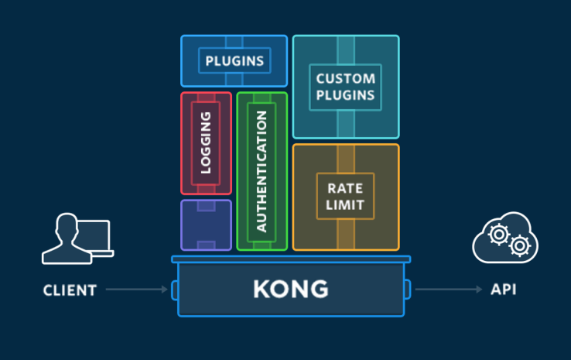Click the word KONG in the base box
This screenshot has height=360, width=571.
point(290,290)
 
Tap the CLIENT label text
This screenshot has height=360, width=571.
point(70,291)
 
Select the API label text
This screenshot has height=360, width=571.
point(503,290)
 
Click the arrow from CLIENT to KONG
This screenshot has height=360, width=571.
point(136,290)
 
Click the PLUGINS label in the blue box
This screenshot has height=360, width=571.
point(234,60)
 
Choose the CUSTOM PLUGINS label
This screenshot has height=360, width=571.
point(346,87)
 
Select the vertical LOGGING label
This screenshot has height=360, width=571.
point(206,142)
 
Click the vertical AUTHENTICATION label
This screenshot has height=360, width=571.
point(262,171)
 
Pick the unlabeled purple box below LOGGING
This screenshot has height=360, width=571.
point(206,225)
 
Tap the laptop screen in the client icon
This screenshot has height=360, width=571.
point(95,236)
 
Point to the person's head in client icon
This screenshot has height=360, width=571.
point(64,228)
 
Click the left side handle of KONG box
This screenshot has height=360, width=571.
point(174,290)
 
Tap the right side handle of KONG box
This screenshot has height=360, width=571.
point(407,290)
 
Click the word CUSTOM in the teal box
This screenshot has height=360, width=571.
point(346,78)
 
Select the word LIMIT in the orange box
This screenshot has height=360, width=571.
point(346,206)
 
